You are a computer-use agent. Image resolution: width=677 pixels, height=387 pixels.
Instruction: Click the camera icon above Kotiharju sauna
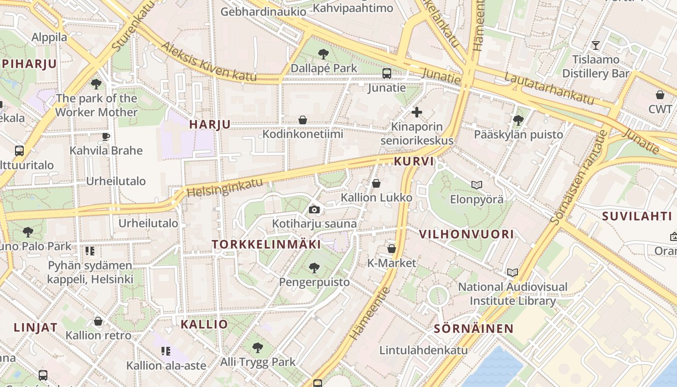[x=314, y=209]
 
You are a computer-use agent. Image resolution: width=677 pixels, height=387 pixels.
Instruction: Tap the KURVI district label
[x=414, y=162]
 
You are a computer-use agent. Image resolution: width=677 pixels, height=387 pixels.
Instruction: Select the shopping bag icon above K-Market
[x=392, y=249]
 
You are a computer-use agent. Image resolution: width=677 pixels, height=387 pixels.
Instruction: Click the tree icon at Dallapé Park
[x=324, y=54]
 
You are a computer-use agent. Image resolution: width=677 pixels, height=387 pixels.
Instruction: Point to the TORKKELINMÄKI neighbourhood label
[x=266, y=245]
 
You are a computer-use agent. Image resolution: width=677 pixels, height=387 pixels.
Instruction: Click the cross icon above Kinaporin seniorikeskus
[x=416, y=113]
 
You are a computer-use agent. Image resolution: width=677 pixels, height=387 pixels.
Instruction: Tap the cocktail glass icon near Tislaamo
[x=596, y=45]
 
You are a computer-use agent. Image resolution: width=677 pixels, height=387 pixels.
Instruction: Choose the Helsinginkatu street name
[x=225, y=187]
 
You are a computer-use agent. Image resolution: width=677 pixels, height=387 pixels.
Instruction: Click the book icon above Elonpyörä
[x=477, y=185]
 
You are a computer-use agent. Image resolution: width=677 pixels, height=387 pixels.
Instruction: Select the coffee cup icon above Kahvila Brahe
[x=106, y=136]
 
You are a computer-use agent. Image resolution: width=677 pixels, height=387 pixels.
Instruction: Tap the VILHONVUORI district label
[x=466, y=235]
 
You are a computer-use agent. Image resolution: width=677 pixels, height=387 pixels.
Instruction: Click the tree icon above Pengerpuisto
[x=314, y=267]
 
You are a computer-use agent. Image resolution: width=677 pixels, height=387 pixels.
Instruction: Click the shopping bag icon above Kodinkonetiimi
[x=303, y=119]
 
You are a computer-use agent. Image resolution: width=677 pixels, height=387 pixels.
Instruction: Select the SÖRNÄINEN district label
[x=473, y=329]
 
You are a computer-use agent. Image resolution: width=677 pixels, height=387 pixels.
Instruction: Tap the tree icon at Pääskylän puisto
[x=518, y=120]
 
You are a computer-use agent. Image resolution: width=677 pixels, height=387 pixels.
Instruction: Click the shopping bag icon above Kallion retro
[x=98, y=321]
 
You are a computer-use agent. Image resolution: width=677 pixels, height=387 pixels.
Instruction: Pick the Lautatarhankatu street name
[x=549, y=89]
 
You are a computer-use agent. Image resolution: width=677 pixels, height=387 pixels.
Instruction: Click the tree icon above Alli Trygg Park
[x=258, y=347]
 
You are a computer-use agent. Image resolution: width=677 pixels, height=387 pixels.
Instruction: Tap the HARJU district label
[x=210, y=124]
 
